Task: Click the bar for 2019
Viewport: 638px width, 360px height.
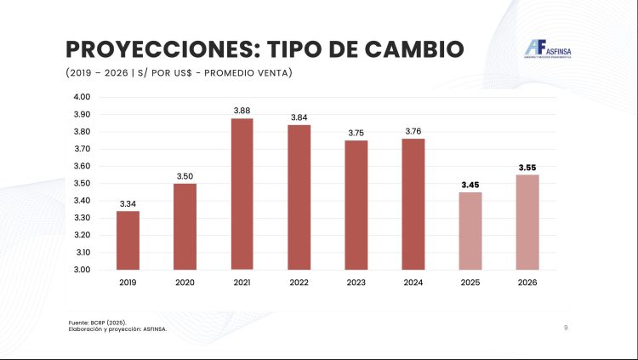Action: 128,240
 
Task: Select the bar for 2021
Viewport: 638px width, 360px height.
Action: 242,194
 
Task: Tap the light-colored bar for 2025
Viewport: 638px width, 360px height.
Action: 470,231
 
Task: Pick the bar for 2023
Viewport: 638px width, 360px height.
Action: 356,205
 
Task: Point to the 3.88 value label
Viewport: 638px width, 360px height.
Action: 242,111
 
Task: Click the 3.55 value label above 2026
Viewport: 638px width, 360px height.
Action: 527,167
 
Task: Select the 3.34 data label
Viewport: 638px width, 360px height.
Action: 128,203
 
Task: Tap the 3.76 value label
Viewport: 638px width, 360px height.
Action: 413,131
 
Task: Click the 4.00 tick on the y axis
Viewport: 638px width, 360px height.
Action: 82,97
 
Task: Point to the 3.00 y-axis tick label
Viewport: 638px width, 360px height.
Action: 82,270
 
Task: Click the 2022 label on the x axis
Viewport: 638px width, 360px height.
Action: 299,282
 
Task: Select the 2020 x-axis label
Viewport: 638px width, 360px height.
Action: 185,282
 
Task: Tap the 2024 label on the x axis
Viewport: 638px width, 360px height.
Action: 413,282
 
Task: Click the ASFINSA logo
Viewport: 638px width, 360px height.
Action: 548,51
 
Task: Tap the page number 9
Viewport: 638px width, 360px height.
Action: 566,327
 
